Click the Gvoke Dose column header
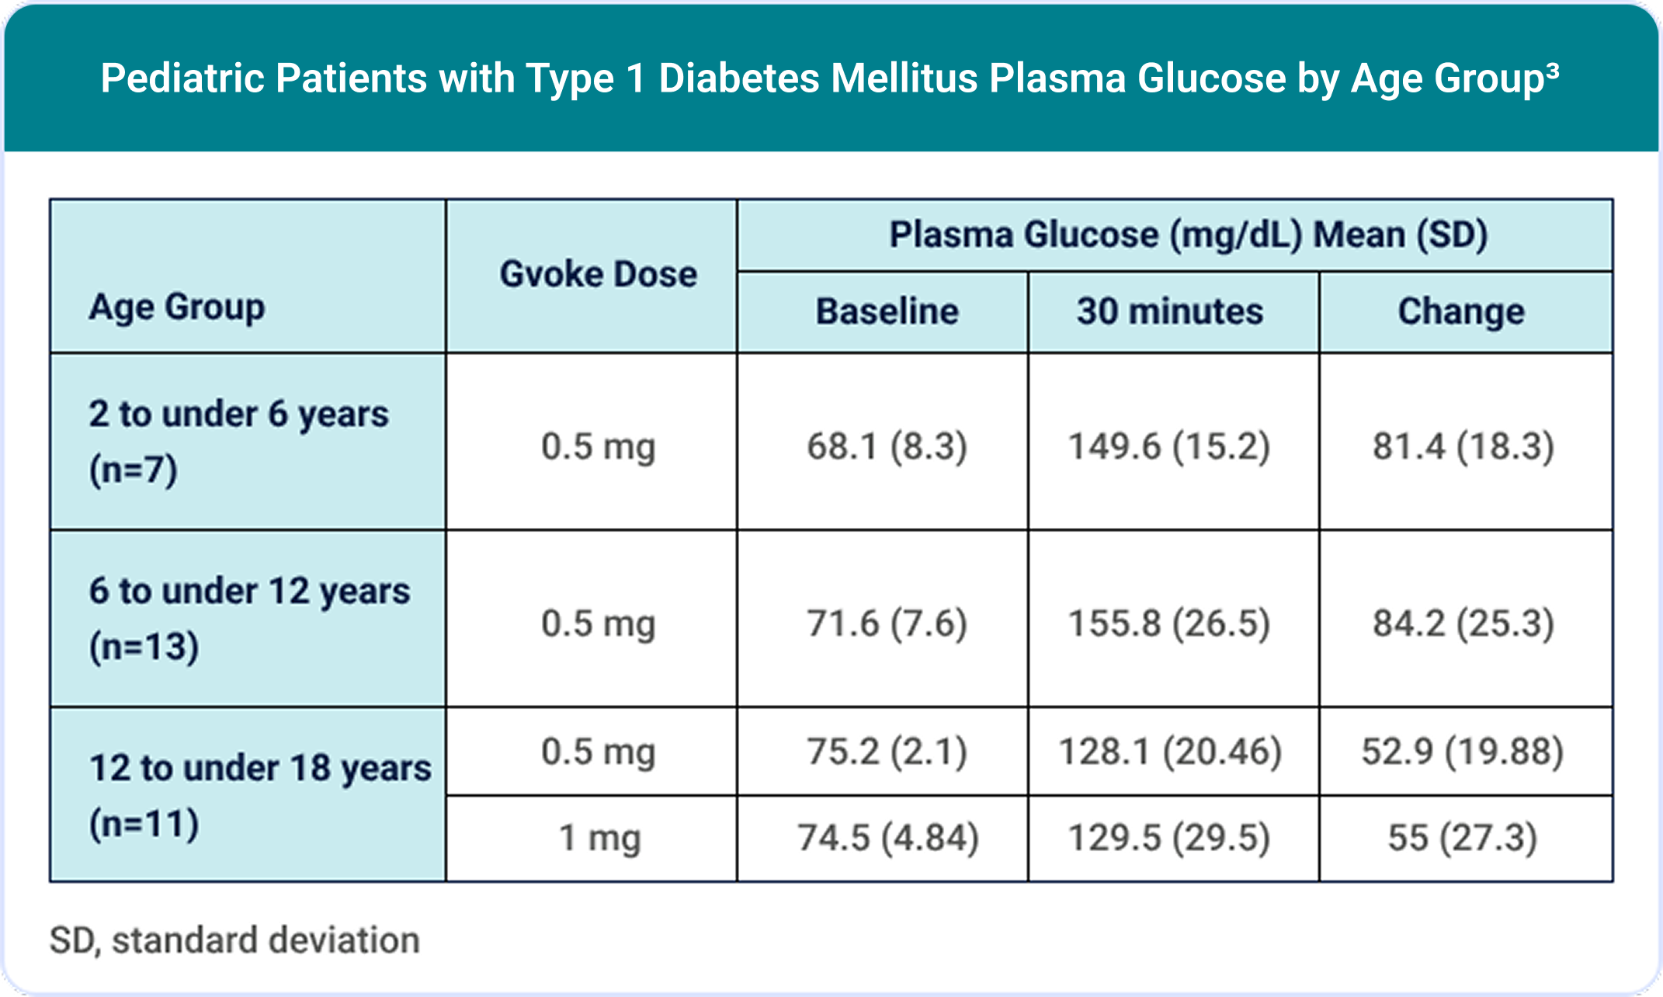pyautogui.click(x=598, y=274)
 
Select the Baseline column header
pyautogui.click(x=887, y=311)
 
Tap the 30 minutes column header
pyautogui.click(x=1170, y=311)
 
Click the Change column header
pyautogui.click(x=1461, y=311)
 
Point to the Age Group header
pyautogui.click(x=177, y=307)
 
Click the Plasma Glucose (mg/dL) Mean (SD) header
pyautogui.click(x=1188, y=234)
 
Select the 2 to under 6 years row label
pyautogui.click(x=238, y=440)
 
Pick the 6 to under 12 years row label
pyautogui.click(x=248, y=617)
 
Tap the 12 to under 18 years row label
pyautogui.click(x=259, y=794)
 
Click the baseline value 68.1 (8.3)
pyautogui.click(x=887, y=446)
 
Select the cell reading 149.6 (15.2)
pyautogui.click(x=1170, y=446)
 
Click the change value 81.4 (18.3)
pyautogui.click(x=1463, y=446)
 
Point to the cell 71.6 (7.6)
pyautogui.click(x=887, y=624)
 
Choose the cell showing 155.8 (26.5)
pyautogui.click(x=1170, y=624)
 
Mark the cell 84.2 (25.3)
pyautogui.click(x=1463, y=624)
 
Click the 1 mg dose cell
pyautogui.click(x=599, y=839)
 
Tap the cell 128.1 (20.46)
pyautogui.click(x=1170, y=752)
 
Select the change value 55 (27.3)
pyautogui.click(x=1463, y=839)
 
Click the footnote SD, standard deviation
pyautogui.click(x=234, y=940)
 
